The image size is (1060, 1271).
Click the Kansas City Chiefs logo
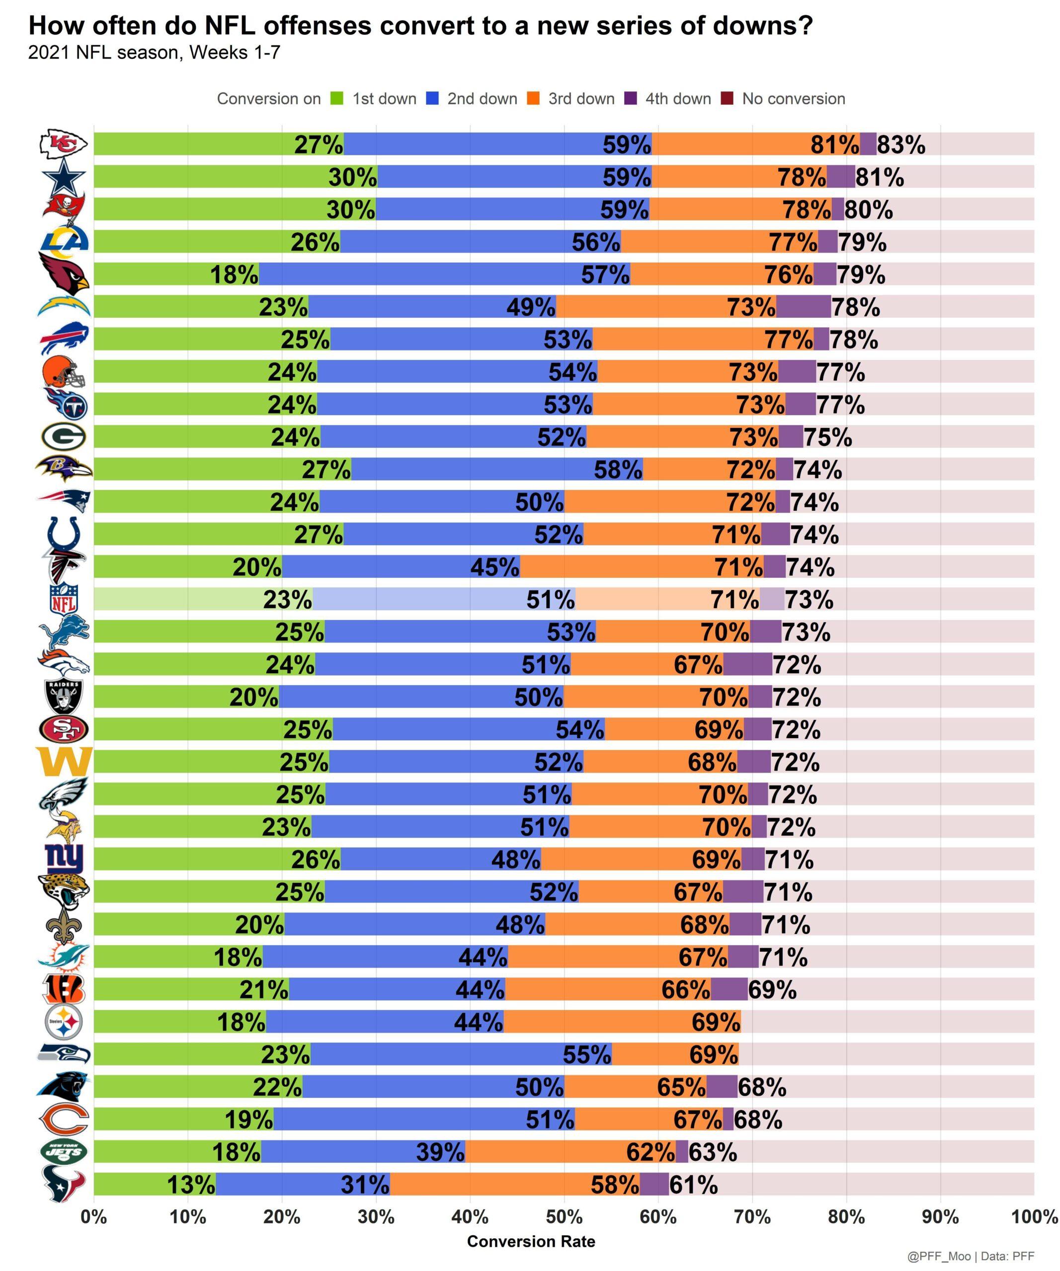pyautogui.click(x=63, y=144)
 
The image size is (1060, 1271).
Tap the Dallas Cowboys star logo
pyautogui.click(x=64, y=177)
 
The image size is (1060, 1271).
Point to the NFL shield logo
pyautogui.click(x=64, y=599)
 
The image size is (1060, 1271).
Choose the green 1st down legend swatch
pyautogui.click(x=337, y=99)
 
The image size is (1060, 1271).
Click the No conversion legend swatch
pyautogui.click(x=728, y=99)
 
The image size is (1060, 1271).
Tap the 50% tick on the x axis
pyautogui.click(x=564, y=1216)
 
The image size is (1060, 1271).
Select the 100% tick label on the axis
pyautogui.click(x=1034, y=1216)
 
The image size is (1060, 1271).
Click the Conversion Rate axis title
pyautogui.click(x=531, y=1241)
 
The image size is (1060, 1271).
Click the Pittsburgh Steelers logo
pyautogui.click(x=64, y=1022)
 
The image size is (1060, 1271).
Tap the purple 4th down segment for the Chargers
pyautogui.click(x=803, y=307)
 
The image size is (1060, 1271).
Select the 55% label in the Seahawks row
pyautogui.click(x=587, y=1055)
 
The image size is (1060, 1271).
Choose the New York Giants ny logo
pyautogui.click(x=64, y=859)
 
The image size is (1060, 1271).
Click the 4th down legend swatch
pyautogui.click(x=631, y=99)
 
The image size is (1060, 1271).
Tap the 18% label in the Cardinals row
pyautogui.click(x=234, y=275)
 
